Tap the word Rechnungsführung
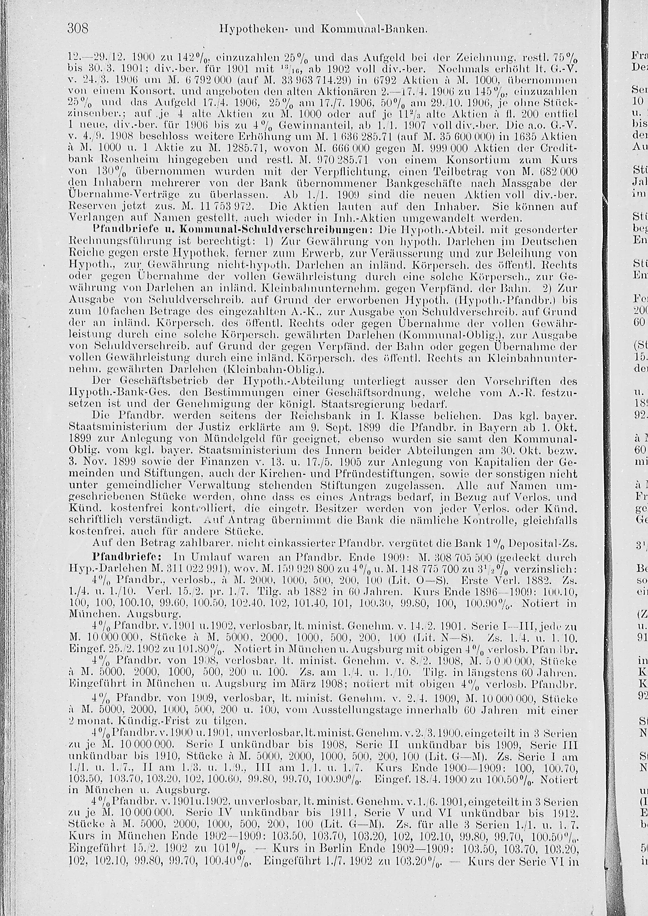click(x=113, y=241)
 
